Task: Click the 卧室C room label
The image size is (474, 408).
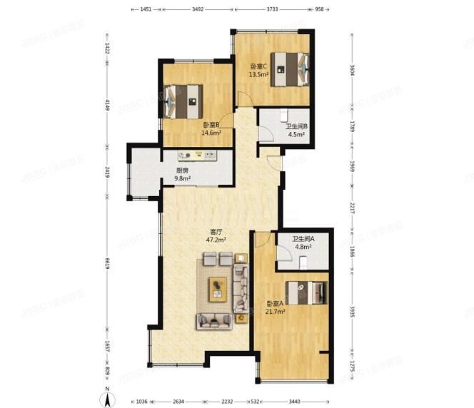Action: pos(258,66)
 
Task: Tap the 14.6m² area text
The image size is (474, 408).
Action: pos(211,133)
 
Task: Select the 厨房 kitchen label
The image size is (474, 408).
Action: pos(182,170)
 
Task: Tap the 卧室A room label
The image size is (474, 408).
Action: pos(275,303)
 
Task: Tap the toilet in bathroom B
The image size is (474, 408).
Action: pos(284,115)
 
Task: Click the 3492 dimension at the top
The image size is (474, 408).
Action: pos(198,10)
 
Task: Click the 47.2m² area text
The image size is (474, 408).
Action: pos(216,240)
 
